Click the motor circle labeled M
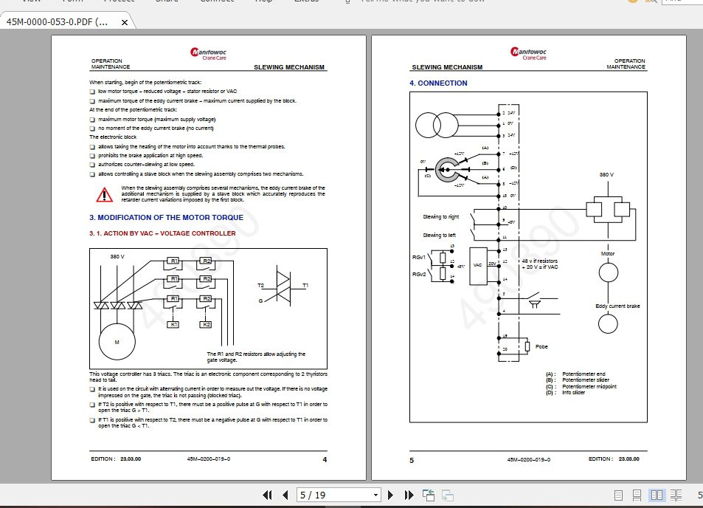[x=117, y=343]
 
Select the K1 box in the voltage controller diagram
[x=173, y=324]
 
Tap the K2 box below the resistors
[x=206, y=324]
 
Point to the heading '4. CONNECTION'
[x=438, y=83]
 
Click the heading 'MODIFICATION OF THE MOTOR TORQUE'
[x=166, y=218]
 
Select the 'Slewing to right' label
[x=440, y=217]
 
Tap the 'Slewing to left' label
[x=439, y=235]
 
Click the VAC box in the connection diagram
[x=477, y=264]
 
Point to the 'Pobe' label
[x=542, y=346]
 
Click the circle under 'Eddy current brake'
[x=607, y=323]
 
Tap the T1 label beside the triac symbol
[x=305, y=285]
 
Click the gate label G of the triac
[x=260, y=301]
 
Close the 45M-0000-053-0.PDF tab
[x=125, y=22]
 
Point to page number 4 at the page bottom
[x=325, y=459]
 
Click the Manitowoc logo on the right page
[x=528, y=53]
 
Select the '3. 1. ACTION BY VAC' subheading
[x=162, y=233]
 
